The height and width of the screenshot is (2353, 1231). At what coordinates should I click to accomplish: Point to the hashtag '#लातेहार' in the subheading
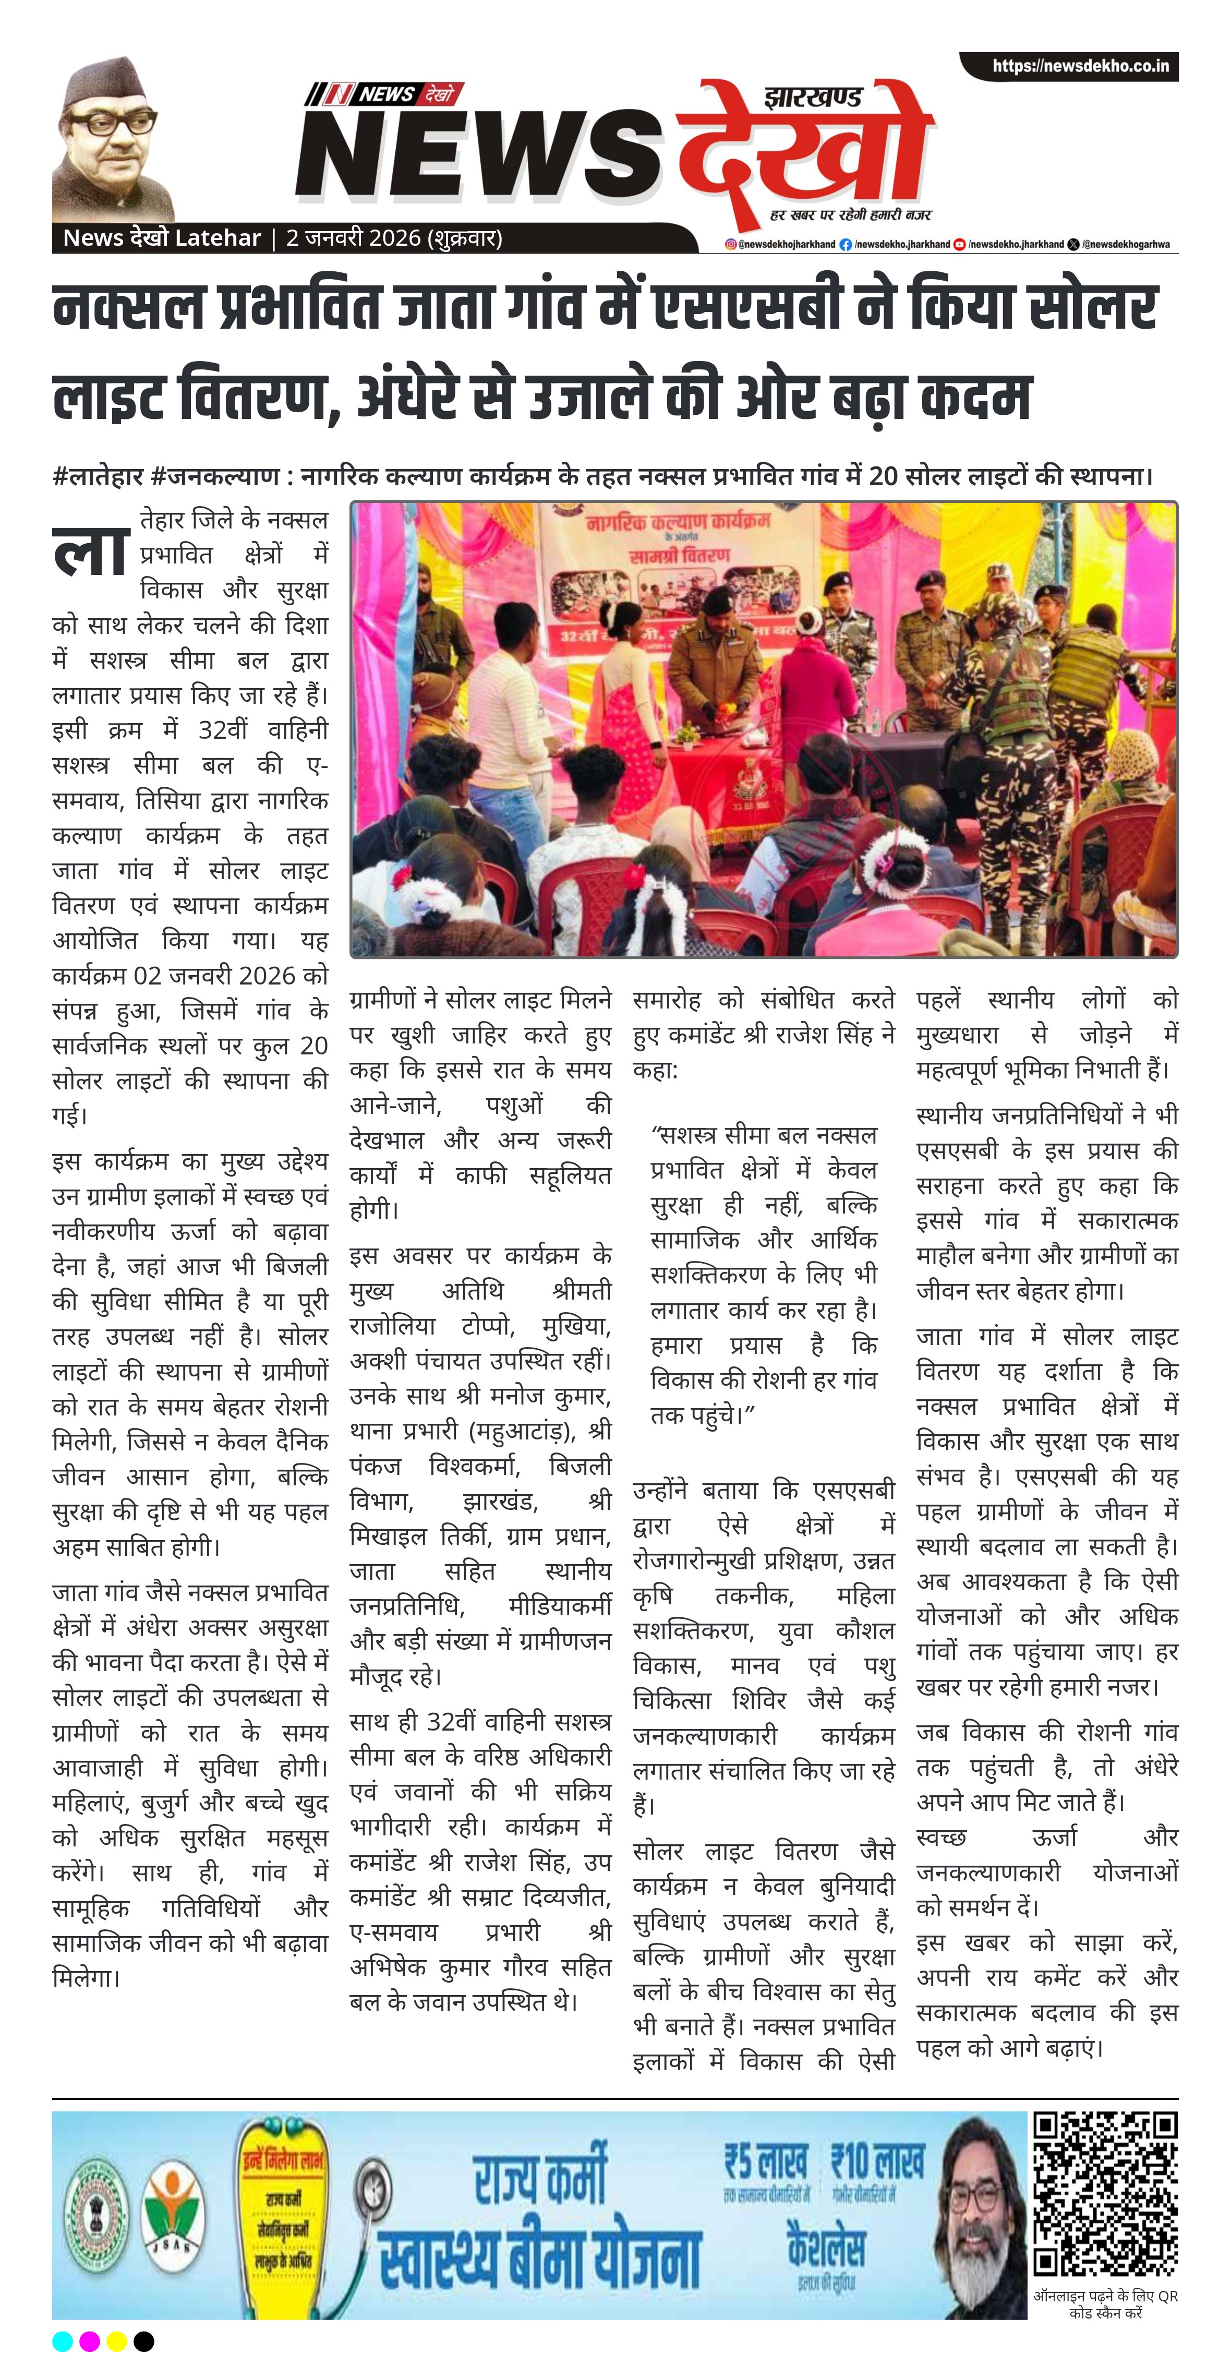click(97, 477)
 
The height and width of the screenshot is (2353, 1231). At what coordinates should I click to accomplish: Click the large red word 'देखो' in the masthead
click(804, 155)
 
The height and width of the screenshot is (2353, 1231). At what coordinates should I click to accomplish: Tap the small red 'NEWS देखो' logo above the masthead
click(385, 93)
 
